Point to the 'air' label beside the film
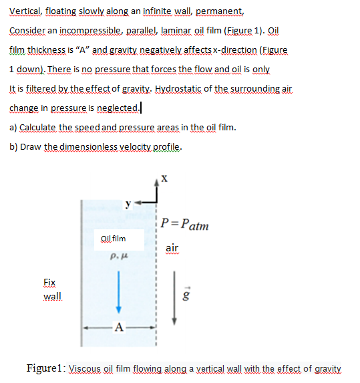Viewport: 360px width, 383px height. (172, 247)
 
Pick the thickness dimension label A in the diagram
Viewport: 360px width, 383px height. (118, 327)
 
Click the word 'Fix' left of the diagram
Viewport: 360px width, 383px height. (49, 283)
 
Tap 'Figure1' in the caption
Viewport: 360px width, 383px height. (44, 368)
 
